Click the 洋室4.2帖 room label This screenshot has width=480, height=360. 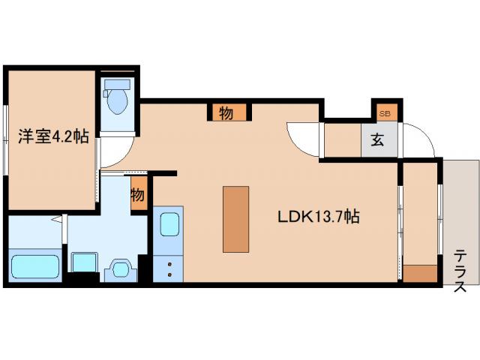53,136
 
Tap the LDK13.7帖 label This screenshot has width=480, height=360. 318,217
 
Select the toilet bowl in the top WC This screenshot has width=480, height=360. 118,102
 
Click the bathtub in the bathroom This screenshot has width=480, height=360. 35,267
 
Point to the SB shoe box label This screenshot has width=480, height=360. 385,114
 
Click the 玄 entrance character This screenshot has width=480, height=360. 377,140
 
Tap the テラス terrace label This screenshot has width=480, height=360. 460,271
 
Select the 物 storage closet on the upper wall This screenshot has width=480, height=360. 226,112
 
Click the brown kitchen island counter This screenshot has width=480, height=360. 235,219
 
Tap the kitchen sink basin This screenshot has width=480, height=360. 169,224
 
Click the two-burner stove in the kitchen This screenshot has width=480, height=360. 168,269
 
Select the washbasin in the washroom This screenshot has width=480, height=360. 121,269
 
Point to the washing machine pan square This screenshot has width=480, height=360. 85,262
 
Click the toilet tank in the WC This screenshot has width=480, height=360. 118,84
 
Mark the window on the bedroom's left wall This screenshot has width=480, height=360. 5,140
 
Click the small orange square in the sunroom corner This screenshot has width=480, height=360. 419,273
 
